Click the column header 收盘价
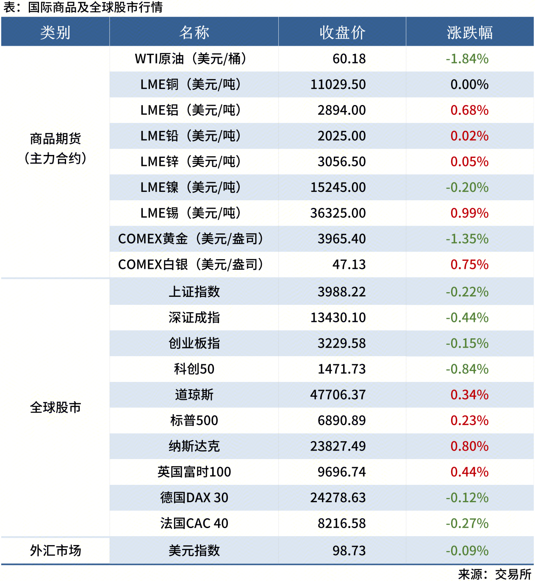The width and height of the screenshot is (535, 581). [x=342, y=33]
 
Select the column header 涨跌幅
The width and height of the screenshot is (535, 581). [x=470, y=33]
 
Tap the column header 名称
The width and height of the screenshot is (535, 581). [x=194, y=33]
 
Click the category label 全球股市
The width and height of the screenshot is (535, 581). [x=55, y=407]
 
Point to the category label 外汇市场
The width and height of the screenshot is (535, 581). [x=55, y=551]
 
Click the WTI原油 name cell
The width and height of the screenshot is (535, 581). [x=191, y=59]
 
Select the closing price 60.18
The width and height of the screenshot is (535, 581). [x=349, y=59]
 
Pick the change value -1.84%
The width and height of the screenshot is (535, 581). [x=467, y=59]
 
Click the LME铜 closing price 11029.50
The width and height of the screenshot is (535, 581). [x=338, y=85]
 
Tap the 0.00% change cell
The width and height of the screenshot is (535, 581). [x=469, y=85]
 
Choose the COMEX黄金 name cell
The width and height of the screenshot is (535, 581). [x=191, y=239]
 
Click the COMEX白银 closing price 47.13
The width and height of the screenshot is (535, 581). [x=349, y=265]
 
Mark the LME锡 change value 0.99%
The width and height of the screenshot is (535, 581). [x=469, y=213]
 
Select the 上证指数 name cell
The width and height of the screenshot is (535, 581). [x=194, y=292]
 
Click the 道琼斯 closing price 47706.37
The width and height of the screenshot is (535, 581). [x=338, y=395]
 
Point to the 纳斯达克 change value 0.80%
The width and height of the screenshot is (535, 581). [x=469, y=446]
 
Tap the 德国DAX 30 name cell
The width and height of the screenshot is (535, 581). [x=194, y=498]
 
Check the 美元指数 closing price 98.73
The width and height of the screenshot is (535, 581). [x=349, y=551]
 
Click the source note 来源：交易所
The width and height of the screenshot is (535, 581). [x=495, y=574]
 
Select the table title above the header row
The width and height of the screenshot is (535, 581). [x=83, y=7]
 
